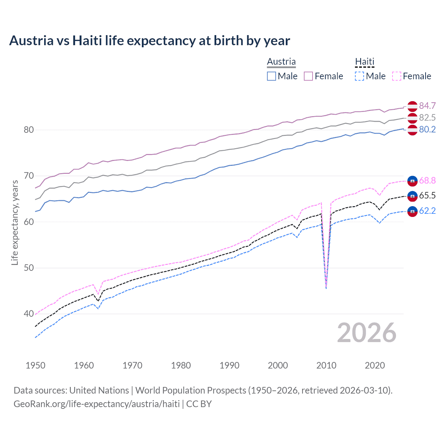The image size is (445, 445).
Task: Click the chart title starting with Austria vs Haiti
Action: pos(149,41)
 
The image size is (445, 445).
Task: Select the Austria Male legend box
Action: pos(272,76)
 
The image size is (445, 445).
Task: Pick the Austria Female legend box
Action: pos(308,76)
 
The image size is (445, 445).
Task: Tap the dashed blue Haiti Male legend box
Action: pos(359,76)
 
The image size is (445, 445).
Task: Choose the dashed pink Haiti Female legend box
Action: pos(397,76)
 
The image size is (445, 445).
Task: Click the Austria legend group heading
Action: pos(281,62)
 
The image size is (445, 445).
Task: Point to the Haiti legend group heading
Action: pos(365,62)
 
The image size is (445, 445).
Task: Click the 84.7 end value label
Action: pos(427,106)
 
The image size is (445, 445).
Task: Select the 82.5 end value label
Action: pos(427,118)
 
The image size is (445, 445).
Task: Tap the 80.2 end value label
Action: pos(427,130)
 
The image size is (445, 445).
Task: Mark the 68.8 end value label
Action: pos(427,180)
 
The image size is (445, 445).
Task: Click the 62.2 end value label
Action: pos(427,211)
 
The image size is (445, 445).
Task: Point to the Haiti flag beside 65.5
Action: pos(412,196)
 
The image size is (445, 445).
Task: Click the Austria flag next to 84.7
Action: pos(412,106)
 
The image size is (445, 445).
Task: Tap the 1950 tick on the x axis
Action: pos(35,365)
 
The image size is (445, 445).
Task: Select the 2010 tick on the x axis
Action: pos(326,365)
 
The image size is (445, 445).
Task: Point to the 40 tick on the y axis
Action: pos(29,314)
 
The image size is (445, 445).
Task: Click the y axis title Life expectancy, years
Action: pos(15,222)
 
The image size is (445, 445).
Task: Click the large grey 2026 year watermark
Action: pos(366,333)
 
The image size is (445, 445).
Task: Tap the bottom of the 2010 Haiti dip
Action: pos(326,288)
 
